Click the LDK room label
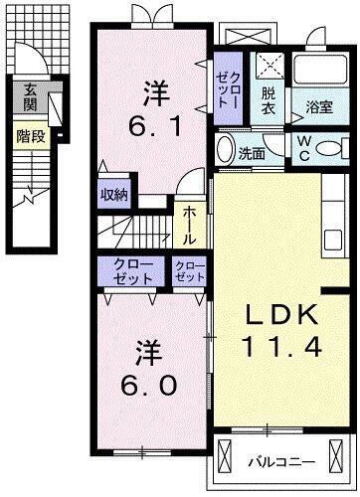pos(281,315)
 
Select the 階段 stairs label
pos(31,135)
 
